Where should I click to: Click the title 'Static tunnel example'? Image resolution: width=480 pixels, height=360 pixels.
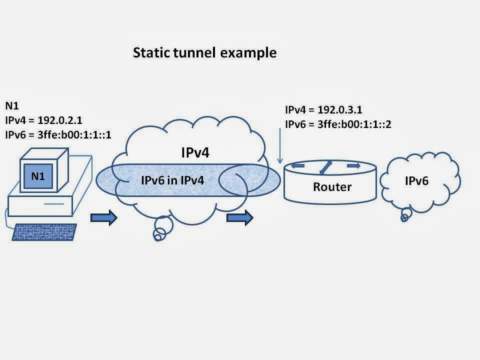coord(204,53)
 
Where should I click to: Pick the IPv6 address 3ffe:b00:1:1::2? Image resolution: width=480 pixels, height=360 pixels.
coord(353,124)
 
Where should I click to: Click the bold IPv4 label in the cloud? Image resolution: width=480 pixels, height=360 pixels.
coord(195,153)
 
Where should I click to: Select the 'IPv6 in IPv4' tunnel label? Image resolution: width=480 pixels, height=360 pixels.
coord(172,180)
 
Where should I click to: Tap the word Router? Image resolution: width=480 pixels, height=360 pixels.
coord(332,187)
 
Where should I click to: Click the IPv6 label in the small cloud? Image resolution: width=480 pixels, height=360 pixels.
coord(416,181)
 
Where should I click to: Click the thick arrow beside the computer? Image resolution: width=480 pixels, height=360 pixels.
coord(103,218)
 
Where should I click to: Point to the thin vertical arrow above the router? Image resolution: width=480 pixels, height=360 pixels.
coord(279,145)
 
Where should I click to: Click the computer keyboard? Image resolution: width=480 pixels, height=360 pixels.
coord(43,231)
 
